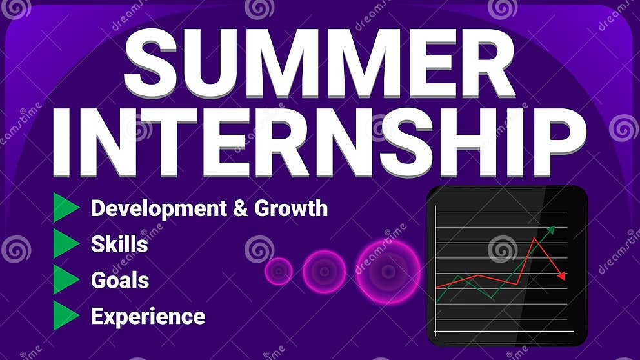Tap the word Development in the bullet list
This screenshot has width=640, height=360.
(159, 208)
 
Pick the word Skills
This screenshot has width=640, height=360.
(119, 245)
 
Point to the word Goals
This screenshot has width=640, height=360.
(120, 281)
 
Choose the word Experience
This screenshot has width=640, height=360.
(148, 317)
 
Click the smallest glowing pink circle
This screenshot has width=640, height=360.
(279, 272)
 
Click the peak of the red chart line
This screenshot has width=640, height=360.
(534, 238)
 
